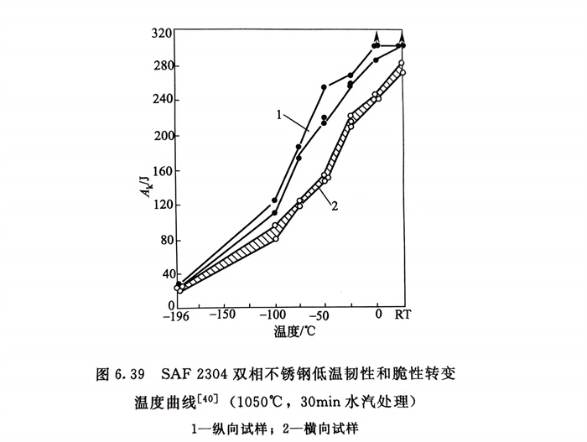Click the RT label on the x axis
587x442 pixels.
click(x=403, y=315)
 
